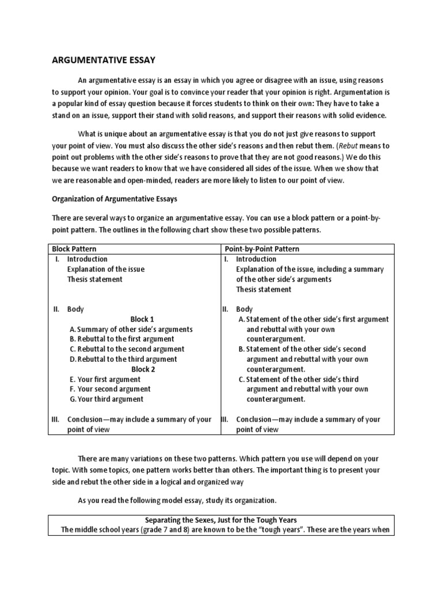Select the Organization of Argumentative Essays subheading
click(x=115, y=200)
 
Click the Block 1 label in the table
click(x=143, y=319)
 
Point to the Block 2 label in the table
click(x=143, y=369)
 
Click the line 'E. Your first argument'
click(x=105, y=379)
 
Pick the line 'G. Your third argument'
click(x=106, y=399)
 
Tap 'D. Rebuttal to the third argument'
click(x=123, y=359)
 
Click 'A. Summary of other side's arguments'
click(x=131, y=329)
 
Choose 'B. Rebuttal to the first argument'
click(x=122, y=339)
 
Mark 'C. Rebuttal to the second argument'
click(x=127, y=349)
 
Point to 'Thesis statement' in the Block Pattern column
click(x=95, y=279)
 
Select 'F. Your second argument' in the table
click(x=109, y=389)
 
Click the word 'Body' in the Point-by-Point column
click(x=244, y=309)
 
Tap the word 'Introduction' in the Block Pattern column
click(x=87, y=259)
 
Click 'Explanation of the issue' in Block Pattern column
click(x=106, y=269)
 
